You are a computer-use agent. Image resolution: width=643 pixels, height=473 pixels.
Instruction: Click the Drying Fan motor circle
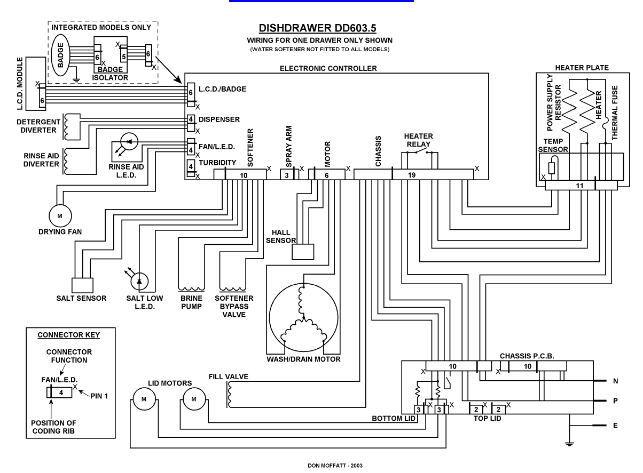(59, 215)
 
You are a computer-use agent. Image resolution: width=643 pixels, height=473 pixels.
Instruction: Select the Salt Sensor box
(82, 285)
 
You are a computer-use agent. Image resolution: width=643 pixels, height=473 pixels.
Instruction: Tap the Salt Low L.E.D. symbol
(140, 281)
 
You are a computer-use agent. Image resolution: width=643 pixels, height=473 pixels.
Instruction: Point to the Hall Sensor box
(303, 251)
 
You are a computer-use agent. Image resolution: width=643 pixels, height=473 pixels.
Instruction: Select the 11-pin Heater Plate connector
(581, 185)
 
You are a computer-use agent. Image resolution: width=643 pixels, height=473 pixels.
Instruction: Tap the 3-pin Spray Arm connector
(287, 174)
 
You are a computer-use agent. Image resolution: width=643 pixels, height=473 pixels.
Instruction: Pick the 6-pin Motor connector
(326, 174)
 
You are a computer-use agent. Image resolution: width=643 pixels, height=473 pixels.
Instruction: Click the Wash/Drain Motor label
(303, 359)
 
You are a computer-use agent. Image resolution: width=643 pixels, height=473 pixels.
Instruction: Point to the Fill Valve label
(228, 377)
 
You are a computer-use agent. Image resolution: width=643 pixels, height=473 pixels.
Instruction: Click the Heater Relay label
(419, 140)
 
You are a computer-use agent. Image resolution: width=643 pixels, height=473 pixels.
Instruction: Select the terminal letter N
(615, 381)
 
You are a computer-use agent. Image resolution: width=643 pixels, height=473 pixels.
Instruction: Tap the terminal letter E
(615, 426)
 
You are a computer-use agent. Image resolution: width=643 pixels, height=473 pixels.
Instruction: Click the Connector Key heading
(68, 335)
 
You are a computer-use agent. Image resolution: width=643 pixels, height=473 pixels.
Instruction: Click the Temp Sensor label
(553, 146)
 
